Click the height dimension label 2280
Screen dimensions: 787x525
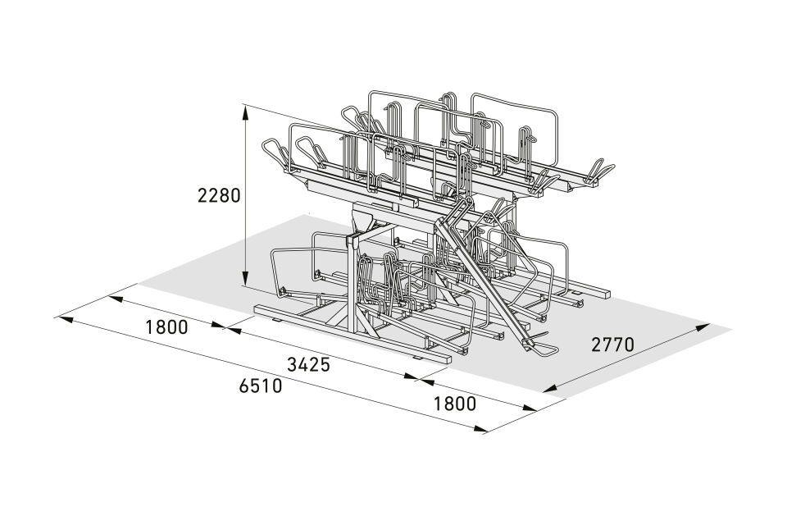point(219,195)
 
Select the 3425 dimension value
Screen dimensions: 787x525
point(309,364)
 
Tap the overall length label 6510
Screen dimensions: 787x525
point(261,386)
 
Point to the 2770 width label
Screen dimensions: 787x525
point(613,345)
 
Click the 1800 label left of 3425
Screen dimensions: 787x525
point(166,327)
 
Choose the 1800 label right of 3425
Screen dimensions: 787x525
point(455,404)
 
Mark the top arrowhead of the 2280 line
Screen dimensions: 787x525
point(245,112)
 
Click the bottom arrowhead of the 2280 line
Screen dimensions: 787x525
point(245,276)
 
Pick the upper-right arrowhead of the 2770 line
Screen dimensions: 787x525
point(703,327)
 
